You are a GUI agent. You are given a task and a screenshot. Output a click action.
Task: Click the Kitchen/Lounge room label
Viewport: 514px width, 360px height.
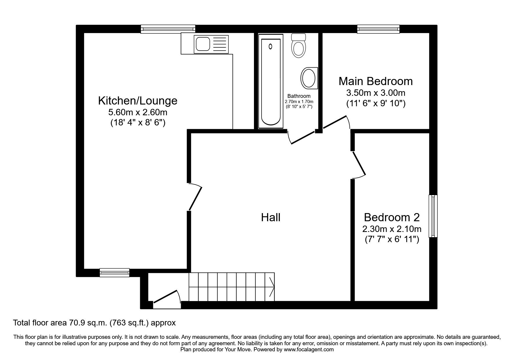point(138,101)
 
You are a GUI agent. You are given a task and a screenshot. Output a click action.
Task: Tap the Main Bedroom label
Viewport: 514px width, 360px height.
point(376,81)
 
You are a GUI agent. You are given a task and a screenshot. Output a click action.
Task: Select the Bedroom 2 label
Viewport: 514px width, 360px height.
point(392,217)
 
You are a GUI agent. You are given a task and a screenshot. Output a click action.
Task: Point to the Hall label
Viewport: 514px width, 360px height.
point(271,217)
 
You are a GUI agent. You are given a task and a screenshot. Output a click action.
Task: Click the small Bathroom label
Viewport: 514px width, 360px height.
point(299,96)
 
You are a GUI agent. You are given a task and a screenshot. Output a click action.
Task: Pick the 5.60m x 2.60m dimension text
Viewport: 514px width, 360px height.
point(138,112)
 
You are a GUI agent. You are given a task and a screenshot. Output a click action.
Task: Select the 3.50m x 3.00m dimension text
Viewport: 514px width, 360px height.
point(376,93)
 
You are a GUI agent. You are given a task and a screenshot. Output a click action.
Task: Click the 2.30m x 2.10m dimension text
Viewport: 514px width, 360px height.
point(392,229)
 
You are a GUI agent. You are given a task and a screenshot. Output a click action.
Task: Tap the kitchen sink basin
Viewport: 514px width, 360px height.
point(203,44)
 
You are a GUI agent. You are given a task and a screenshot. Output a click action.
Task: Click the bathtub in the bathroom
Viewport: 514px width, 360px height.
point(271,81)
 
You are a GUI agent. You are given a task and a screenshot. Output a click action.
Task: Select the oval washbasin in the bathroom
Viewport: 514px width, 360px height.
point(309,78)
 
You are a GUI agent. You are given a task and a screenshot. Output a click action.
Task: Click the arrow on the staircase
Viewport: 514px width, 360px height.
point(272,287)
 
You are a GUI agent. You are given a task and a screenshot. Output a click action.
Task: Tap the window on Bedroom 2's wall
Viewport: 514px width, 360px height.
point(433,216)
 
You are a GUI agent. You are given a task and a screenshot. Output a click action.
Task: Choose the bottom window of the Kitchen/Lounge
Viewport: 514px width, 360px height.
point(114,272)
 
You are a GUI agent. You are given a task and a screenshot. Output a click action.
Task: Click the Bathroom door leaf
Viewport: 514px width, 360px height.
point(303,137)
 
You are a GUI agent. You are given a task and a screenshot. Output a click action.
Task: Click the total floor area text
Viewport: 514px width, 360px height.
point(95,323)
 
